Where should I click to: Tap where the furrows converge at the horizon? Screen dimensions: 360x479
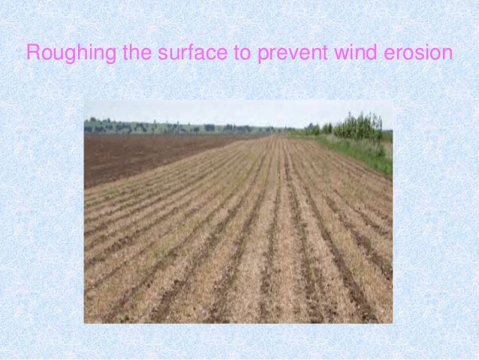point(282,135)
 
